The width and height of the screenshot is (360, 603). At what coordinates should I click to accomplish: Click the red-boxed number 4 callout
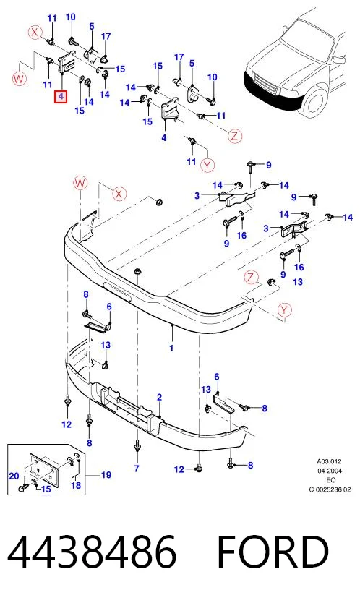pos(61,97)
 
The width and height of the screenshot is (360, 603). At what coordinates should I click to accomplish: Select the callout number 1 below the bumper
pos(171,348)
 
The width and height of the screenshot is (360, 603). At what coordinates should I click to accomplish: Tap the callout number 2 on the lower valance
pos(159,398)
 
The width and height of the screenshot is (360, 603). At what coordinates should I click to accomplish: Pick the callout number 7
pos(137,469)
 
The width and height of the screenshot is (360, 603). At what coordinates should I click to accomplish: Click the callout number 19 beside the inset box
pos(106,475)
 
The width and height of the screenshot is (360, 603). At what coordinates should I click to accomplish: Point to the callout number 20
pos(14,476)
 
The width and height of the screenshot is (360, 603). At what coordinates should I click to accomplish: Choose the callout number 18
pos(76,485)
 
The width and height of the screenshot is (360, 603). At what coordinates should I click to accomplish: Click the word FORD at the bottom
pos(273,552)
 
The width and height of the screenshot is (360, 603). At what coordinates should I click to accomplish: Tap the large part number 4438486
pos(93,552)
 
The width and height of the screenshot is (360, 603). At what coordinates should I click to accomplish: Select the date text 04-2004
pos(330,471)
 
